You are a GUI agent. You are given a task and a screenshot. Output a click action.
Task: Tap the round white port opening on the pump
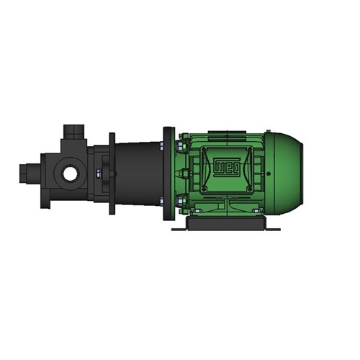click(x=70, y=174)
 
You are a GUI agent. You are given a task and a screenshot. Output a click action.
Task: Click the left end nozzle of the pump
click(x=26, y=174)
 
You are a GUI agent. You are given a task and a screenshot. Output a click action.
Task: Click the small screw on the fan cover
click(x=269, y=173)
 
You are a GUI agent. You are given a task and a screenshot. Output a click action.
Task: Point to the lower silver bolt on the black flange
click(x=175, y=201)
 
